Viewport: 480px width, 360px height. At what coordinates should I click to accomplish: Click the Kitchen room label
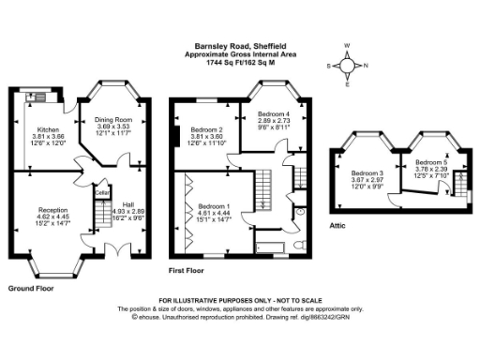click(x=48, y=129)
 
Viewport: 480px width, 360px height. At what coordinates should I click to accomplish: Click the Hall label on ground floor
click(x=127, y=204)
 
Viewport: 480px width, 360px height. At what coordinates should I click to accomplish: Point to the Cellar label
click(x=101, y=193)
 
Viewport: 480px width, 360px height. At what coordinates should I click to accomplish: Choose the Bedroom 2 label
click(x=206, y=129)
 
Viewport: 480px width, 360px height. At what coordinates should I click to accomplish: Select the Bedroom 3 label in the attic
click(x=367, y=172)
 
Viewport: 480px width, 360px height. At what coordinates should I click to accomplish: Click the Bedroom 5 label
click(x=432, y=162)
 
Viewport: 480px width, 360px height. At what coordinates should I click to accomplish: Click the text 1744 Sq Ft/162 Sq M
click(x=239, y=62)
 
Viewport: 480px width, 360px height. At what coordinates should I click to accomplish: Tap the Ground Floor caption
click(x=30, y=288)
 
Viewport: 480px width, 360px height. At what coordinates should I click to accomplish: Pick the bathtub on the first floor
click(x=271, y=247)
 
